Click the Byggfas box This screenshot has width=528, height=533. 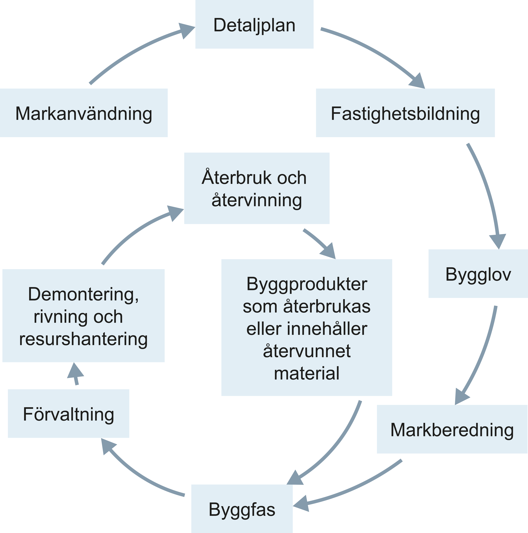pyautogui.click(x=242, y=509)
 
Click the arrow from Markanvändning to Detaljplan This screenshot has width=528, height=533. pyautogui.click(x=132, y=51)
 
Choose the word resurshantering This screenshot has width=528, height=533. pyautogui.click(x=83, y=339)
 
